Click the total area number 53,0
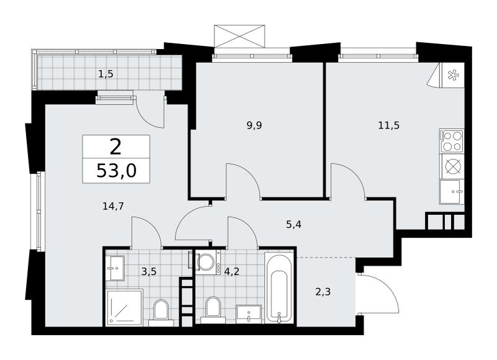[x=116, y=171]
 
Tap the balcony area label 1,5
[x=106, y=74]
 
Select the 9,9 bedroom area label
[x=254, y=125]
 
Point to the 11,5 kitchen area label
[x=389, y=125]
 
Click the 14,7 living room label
[x=113, y=207]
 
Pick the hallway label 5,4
[x=293, y=225]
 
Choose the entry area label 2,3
[x=323, y=291]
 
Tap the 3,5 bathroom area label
[x=149, y=272]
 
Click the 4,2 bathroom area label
[x=231, y=272]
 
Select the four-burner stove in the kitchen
[x=452, y=142]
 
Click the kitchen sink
[x=452, y=192]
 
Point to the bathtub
[x=279, y=287]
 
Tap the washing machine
[x=209, y=262]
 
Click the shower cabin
[x=124, y=307]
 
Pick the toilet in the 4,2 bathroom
[x=212, y=310]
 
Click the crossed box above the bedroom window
[x=239, y=37]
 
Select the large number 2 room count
[x=116, y=147]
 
